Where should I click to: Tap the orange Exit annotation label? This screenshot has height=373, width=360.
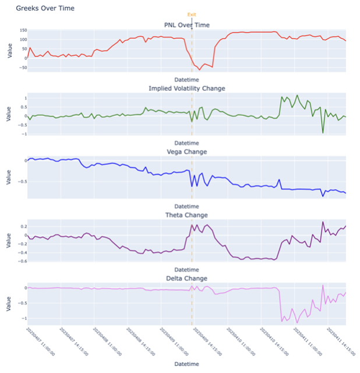click(192, 14)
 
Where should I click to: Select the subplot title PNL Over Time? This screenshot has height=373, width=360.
click(187, 24)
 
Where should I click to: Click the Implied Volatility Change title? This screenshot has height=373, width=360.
click(187, 88)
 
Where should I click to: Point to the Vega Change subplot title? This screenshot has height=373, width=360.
click(187, 152)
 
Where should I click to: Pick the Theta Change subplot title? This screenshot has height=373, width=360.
click(187, 215)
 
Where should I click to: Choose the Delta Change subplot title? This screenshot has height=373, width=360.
click(187, 279)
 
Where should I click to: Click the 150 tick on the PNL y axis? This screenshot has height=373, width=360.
click(23, 30)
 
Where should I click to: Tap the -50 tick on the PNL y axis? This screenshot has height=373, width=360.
click(23, 68)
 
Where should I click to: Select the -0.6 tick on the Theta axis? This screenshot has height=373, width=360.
click(22, 261)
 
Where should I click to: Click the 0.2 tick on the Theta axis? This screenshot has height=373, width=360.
click(23, 226)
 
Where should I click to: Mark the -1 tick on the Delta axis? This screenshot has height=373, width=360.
click(24, 318)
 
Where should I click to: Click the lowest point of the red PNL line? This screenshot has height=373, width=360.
click(200, 70)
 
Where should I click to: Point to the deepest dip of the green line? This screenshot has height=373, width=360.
click(323, 133)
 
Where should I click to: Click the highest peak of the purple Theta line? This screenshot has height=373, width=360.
click(323, 222)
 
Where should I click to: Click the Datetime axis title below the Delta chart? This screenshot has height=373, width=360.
click(187, 364)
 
